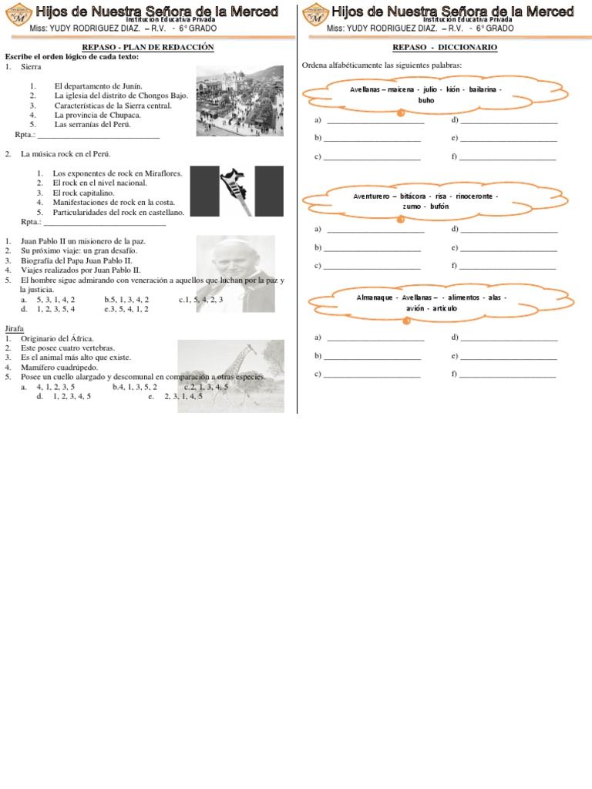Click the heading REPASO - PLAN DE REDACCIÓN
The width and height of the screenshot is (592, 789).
click(147, 47)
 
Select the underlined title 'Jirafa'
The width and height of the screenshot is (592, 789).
click(14, 328)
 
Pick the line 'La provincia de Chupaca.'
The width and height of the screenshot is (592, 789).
click(97, 115)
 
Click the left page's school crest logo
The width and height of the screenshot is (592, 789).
click(17, 15)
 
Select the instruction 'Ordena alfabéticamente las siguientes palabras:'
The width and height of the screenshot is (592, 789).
click(382, 65)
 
